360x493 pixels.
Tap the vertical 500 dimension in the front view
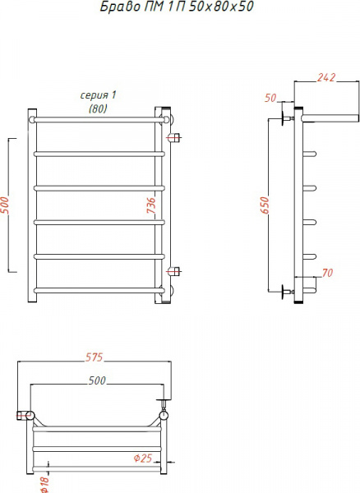(6, 205)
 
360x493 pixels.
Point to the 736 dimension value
(150, 205)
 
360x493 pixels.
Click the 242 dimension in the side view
(325, 78)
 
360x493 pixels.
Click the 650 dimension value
(265, 205)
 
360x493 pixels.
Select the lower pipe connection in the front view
(173, 271)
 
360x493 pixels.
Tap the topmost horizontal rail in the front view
(97, 121)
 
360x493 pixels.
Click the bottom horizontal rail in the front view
(97, 289)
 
